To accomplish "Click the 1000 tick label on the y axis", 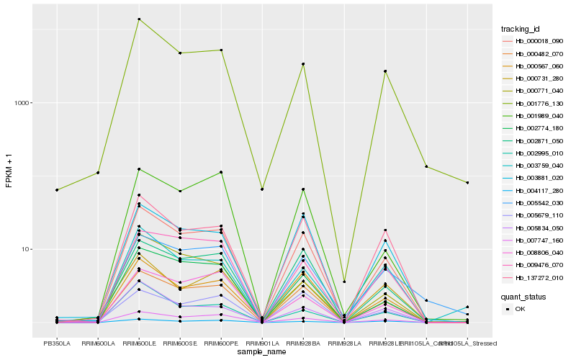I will (x=25, y=103).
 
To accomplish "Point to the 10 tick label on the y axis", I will (x=29, y=249).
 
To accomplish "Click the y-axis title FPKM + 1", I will (x=9, y=171).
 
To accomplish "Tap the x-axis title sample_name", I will (x=262, y=352).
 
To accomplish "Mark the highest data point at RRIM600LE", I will (x=138, y=19).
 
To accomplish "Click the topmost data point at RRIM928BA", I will (x=303, y=64).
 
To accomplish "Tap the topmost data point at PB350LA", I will (x=56, y=190).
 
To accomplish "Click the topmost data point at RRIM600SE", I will (x=179, y=53).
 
